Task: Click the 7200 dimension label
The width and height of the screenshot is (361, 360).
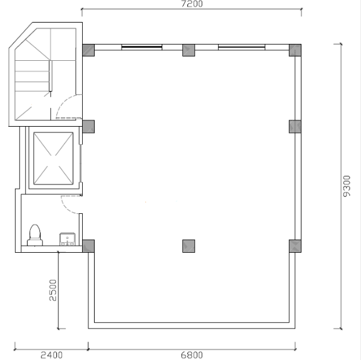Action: tap(192, 4)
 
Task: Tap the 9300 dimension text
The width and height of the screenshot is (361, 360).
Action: tap(347, 186)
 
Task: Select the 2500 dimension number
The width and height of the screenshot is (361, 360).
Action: tap(53, 290)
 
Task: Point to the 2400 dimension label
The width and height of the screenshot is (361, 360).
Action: tap(51, 355)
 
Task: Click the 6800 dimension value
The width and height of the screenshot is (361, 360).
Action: tap(192, 355)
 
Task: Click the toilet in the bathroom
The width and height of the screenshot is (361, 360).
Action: tap(35, 235)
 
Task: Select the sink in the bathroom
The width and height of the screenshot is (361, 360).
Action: tap(68, 240)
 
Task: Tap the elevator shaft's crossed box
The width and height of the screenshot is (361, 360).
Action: tap(53, 159)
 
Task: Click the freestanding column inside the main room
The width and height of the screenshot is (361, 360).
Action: tap(189, 246)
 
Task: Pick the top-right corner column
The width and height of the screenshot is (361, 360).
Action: tap(295, 50)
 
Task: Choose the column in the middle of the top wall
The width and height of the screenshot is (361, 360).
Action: tap(189, 50)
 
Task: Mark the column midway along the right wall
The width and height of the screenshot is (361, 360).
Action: tap(295, 127)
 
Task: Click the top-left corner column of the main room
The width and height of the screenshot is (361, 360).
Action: tap(88, 50)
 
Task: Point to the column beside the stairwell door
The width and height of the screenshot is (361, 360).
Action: tap(88, 127)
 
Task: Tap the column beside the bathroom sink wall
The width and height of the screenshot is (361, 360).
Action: tap(88, 246)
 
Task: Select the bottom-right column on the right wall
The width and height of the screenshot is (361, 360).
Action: tap(295, 246)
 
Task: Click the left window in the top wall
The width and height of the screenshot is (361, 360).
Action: tap(142, 47)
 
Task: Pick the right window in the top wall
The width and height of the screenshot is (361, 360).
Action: tap(242, 47)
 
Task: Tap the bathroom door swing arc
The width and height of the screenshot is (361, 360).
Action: tap(66, 208)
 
